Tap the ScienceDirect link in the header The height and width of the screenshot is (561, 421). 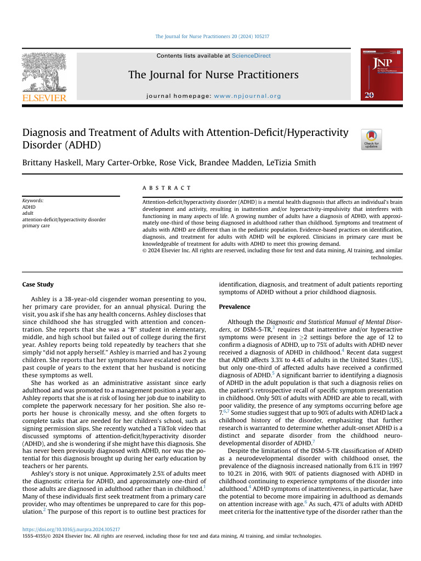[251, 56]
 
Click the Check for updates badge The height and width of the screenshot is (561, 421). [369, 140]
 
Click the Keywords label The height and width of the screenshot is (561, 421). [33, 201]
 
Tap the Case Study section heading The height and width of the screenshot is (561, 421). [38, 285]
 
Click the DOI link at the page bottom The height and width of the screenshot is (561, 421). [71, 530]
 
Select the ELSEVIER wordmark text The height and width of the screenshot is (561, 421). [44, 98]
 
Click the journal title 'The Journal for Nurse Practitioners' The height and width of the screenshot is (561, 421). [213, 75]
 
